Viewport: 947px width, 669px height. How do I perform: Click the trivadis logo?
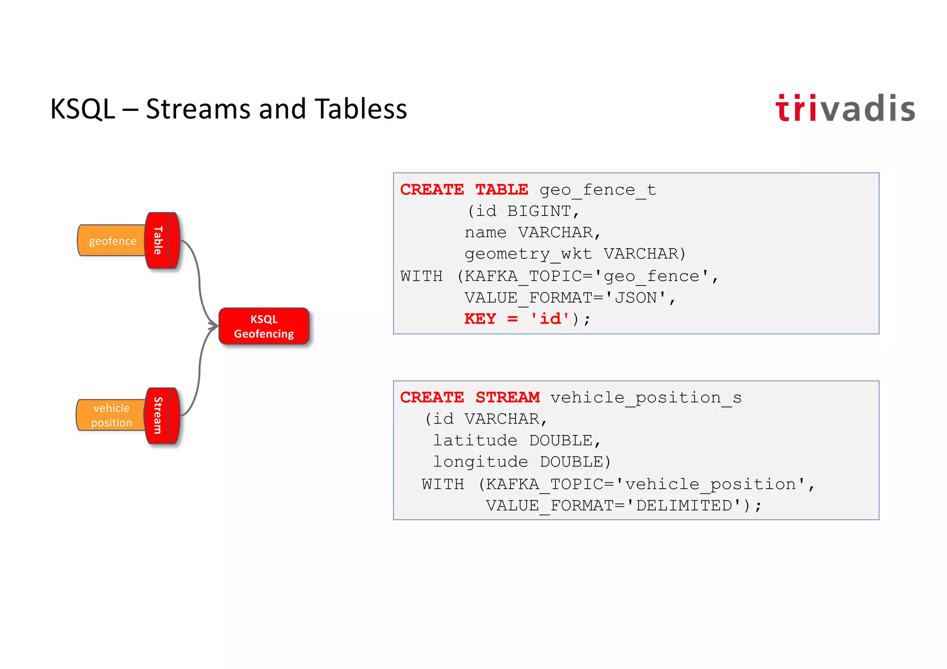tap(845, 109)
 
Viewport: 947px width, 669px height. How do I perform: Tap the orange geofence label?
tap(112, 241)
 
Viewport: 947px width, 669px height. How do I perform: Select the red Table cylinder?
tap(162, 240)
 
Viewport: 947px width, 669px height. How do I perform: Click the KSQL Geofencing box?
tap(264, 326)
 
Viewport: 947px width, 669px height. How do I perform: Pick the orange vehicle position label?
tap(111, 415)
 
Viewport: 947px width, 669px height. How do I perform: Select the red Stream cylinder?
tap(162, 416)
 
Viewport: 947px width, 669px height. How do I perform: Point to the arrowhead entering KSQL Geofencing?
tap(214, 326)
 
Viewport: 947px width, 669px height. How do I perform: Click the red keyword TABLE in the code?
tap(501, 190)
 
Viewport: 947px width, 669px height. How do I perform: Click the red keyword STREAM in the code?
tap(507, 398)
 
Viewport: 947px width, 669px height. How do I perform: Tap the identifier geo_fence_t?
tap(597, 190)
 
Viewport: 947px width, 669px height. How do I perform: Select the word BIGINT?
tap(539, 211)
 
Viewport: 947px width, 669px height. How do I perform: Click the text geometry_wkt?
tap(528, 254)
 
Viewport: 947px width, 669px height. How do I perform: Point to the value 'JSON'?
tap(635, 298)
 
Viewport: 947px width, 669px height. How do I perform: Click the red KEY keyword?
tap(480, 319)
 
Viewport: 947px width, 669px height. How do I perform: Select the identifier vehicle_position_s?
tap(646, 398)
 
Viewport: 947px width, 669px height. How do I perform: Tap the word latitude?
tap(475, 440)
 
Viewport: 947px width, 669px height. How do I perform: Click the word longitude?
tap(480, 461)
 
